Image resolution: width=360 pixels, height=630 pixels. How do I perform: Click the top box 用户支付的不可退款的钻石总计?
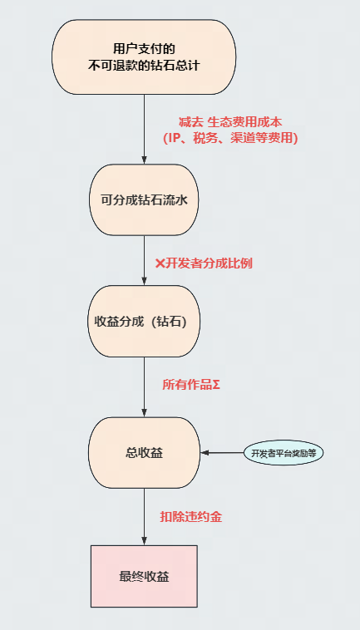pyautogui.click(x=144, y=56)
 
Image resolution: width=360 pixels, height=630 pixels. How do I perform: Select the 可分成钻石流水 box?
pyautogui.click(x=144, y=199)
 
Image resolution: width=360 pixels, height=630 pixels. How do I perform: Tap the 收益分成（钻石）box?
pyautogui.click(x=144, y=322)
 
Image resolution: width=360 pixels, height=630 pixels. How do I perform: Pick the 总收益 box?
pyautogui.click(x=144, y=452)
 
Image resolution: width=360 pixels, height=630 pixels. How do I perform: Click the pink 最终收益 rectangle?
pyautogui.click(x=144, y=576)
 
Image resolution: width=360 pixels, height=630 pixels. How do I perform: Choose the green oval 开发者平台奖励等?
pyautogui.click(x=284, y=453)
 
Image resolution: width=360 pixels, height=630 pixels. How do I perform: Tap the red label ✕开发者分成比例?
pyautogui.click(x=204, y=263)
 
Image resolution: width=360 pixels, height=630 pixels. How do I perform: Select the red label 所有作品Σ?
pyautogui.click(x=190, y=385)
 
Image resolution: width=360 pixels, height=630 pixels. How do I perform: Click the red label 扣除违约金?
pyautogui.click(x=190, y=516)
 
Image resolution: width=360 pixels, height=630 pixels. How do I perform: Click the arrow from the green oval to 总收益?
pyautogui.click(x=220, y=453)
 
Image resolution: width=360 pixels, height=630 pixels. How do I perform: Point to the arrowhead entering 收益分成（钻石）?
pyautogui.click(x=144, y=282)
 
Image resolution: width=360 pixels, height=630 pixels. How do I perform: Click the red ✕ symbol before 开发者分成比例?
pyautogui.click(x=160, y=263)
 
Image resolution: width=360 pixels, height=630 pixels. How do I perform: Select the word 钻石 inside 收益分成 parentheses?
pyautogui.click(x=177, y=322)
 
